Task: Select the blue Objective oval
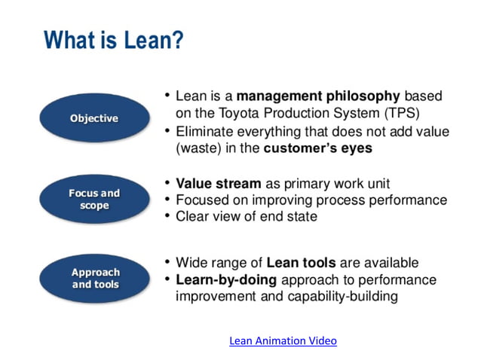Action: pos(94,118)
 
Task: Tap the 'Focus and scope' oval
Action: pos(94,199)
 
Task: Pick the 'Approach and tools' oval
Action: pos(95,278)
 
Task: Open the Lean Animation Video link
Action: pos(283,340)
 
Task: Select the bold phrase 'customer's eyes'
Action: pos(317,148)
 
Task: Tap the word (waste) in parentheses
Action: pos(199,148)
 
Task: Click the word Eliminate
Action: pos(204,132)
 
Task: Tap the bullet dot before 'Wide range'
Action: pos(167,263)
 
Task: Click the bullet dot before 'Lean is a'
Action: pos(167,96)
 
